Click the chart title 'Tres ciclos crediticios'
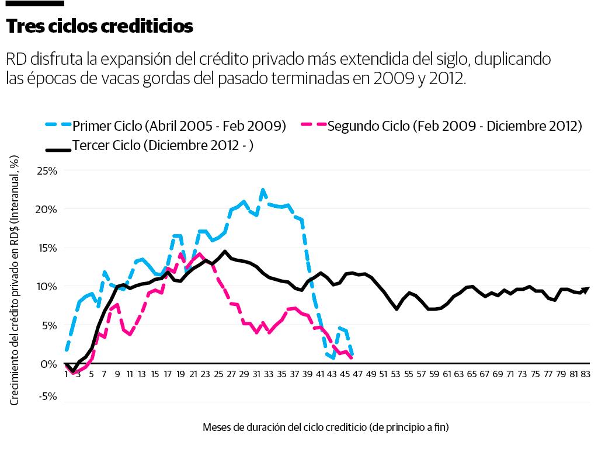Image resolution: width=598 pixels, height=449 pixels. (99, 26)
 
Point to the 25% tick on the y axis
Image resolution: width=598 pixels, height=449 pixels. (47, 171)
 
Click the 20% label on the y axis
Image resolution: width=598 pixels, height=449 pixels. (47, 210)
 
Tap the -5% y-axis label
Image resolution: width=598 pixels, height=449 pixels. (48, 396)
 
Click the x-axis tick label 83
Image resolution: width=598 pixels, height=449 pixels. (586, 374)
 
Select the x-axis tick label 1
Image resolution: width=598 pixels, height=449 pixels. (67, 374)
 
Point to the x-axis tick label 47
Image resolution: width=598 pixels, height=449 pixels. (357, 374)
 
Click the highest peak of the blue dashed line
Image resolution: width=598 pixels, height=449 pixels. (263, 190)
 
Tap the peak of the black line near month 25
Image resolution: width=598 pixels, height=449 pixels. (225, 252)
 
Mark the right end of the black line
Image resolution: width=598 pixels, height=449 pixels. (588, 288)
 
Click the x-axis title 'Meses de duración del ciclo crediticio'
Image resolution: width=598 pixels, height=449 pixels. (325, 427)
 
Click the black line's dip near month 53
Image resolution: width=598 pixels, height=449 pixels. (397, 308)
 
